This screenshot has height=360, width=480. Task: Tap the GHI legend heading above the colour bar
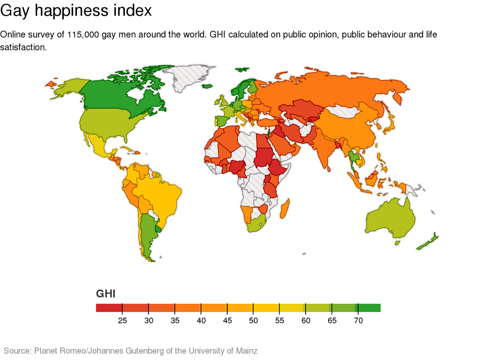(x=106, y=294)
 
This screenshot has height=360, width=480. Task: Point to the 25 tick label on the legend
(x=122, y=321)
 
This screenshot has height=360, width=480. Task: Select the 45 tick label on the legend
(x=227, y=321)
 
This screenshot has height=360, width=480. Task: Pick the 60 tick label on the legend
(x=306, y=321)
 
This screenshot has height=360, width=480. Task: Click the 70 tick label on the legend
(x=358, y=321)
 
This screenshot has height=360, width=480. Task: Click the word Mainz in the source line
(x=246, y=351)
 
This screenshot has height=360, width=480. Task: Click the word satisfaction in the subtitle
(x=23, y=48)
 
